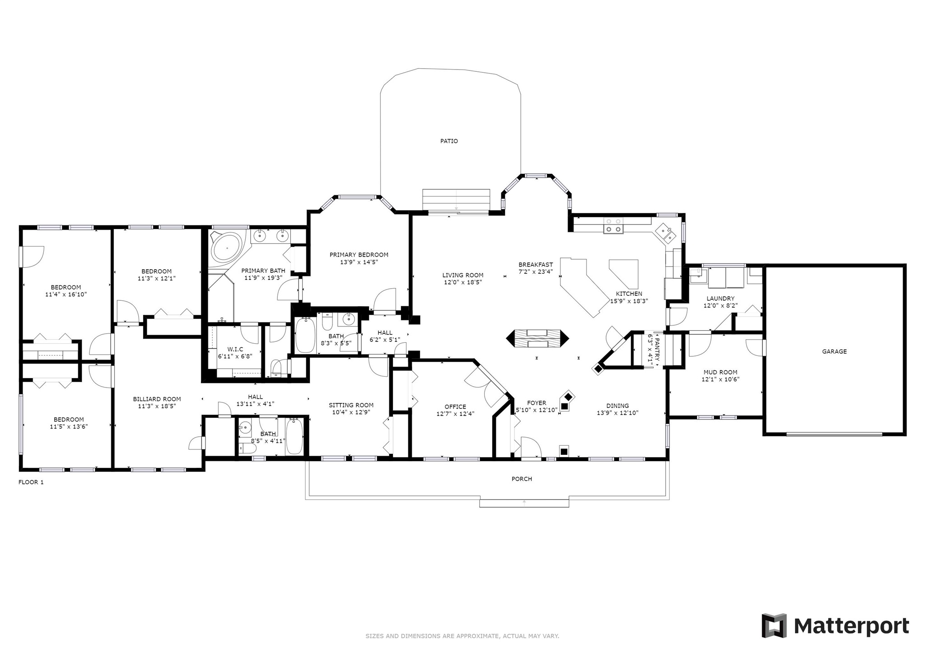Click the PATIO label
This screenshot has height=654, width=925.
pyautogui.click(x=449, y=141)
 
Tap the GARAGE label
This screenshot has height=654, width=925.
pyautogui.click(x=834, y=351)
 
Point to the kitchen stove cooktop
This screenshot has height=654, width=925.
pyautogui.click(x=613, y=225)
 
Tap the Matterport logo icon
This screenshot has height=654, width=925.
pyautogui.click(x=774, y=626)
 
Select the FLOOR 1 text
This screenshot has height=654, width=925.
pyautogui.click(x=31, y=482)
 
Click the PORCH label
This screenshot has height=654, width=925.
pyautogui.click(x=522, y=479)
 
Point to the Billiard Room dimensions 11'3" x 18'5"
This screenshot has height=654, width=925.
pyautogui.click(x=157, y=406)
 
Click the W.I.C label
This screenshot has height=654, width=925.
pyautogui.click(x=235, y=349)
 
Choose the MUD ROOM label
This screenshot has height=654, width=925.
pyautogui.click(x=720, y=373)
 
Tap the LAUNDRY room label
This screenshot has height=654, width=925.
pyautogui.click(x=720, y=299)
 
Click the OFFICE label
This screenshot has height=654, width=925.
pyautogui.click(x=455, y=407)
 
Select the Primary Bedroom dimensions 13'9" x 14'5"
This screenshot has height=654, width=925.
pyautogui.click(x=359, y=262)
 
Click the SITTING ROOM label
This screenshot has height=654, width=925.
pyautogui.click(x=351, y=405)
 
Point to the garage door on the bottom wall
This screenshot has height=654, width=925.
pyautogui.click(x=834, y=434)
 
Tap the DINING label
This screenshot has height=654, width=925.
pyautogui.click(x=617, y=406)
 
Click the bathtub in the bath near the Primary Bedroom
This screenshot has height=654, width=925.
pyautogui.click(x=305, y=335)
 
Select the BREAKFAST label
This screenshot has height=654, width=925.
pyautogui.click(x=536, y=265)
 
